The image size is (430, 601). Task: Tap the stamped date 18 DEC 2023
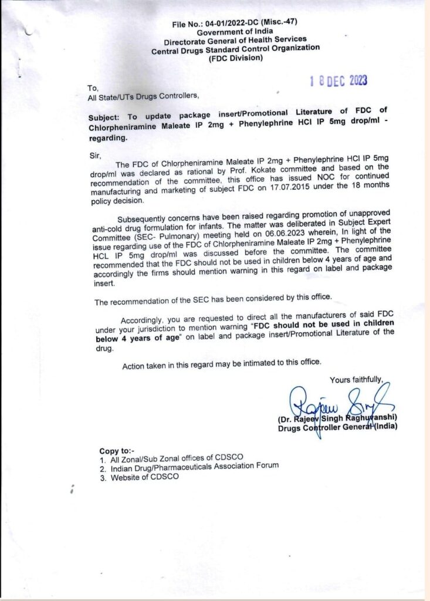pyautogui.click(x=338, y=80)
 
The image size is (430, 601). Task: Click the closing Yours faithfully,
pyautogui.click(x=355, y=380)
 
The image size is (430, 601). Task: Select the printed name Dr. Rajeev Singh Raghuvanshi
pyautogui.click(x=338, y=418)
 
